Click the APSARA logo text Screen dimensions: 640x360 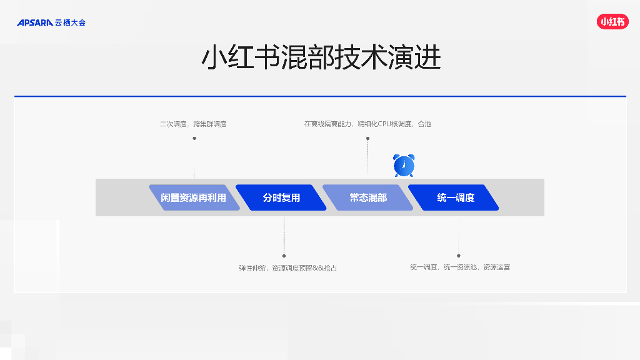click(35, 23)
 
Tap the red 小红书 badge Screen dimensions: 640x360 click(612, 22)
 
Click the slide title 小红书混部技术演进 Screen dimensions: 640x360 click(321, 58)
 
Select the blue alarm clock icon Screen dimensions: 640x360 click(404, 166)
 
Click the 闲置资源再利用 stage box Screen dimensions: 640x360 click(194, 197)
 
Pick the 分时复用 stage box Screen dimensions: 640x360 click(281, 197)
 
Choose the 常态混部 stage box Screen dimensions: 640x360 click(367, 197)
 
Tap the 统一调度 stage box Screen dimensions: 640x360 click(454, 197)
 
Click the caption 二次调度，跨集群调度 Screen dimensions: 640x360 click(193, 124)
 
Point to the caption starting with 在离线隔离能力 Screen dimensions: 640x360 click(367, 124)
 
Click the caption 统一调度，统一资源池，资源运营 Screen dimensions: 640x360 click(460, 267)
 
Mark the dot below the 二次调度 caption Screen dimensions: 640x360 click(194, 138)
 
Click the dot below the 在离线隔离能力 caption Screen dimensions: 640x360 click(367, 138)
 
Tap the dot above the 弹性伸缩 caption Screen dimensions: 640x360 click(284, 256)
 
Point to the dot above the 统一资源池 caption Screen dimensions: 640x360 click(458, 256)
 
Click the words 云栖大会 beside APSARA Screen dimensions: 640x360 click(70, 23)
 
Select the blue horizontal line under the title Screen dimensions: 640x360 click(320, 96)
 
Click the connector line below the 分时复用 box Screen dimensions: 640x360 click(284, 234)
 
